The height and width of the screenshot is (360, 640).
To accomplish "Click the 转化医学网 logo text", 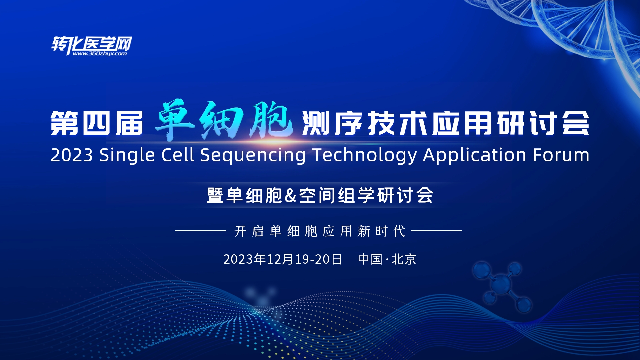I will (x=92, y=43).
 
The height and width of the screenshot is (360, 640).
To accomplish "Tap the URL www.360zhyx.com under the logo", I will (x=100, y=54).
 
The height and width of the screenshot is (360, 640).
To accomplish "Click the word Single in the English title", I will (x=127, y=155).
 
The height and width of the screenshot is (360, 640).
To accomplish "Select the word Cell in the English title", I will (x=177, y=155).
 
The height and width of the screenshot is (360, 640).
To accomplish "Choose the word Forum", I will (x=561, y=155).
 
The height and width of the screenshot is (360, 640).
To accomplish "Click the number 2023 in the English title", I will (x=72, y=155).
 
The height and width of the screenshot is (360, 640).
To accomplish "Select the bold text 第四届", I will (x=97, y=123).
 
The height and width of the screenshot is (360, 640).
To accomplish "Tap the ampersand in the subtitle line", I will (x=291, y=195).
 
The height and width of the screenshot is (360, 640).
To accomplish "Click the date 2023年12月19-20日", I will (x=283, y=259).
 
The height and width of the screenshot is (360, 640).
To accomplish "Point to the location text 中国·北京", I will (x=387, y=259).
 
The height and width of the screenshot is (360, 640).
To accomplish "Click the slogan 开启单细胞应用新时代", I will (x=320, y=231).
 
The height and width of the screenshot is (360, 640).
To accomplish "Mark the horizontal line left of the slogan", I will (x=201, y=230).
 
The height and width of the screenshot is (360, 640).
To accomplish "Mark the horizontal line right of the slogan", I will (x=436, y=230).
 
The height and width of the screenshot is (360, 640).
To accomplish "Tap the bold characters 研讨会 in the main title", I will (x=543, y=123).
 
